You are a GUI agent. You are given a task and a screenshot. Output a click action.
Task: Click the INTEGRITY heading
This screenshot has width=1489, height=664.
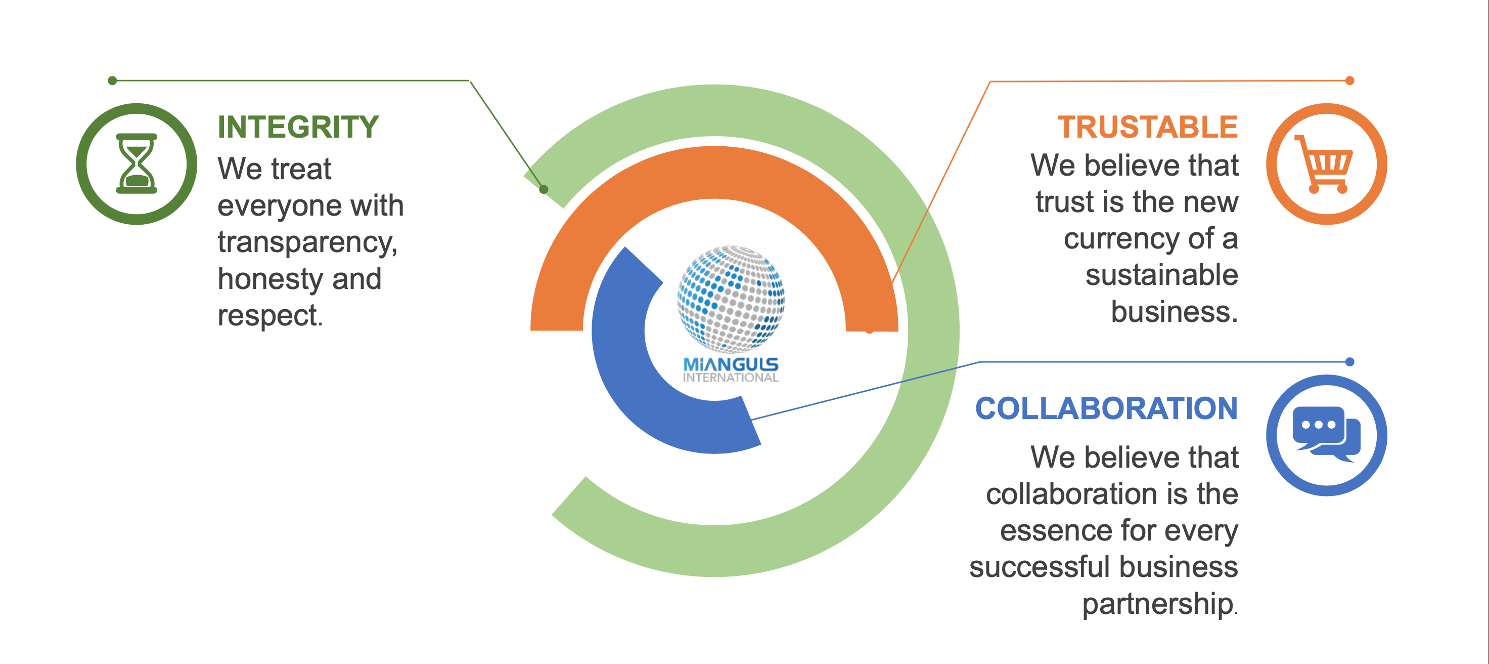pos(298,127)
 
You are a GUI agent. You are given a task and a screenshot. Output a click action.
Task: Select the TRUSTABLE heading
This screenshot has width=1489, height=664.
pos(1147,127)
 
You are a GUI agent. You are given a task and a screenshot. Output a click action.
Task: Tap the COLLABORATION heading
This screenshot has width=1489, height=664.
pos(1106,408)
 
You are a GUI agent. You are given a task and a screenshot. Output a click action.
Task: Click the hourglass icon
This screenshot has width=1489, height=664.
pos(137,163)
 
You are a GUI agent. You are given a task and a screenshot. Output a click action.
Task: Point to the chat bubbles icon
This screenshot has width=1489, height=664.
pos(1327,434)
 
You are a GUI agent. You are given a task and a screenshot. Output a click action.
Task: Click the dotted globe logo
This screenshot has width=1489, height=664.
pos(731,299)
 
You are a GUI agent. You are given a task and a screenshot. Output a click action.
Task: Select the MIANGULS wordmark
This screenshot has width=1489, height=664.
pos(731,364)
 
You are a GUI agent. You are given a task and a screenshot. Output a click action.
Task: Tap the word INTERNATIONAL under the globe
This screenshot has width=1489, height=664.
pos(731,378)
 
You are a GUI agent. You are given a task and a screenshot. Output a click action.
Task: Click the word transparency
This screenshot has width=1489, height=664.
pos(307,242)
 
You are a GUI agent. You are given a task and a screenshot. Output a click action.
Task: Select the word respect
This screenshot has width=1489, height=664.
pos(270,316)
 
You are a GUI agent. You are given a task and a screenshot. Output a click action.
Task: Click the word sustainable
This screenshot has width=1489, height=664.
pos(1162,275)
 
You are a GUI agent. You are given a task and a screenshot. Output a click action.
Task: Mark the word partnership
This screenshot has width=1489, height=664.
pos(1158,604)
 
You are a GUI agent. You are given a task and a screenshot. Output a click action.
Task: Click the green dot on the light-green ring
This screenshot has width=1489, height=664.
pos(544,189)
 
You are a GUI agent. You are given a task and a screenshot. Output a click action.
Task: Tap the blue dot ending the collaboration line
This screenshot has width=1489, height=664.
pos(1349,362)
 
